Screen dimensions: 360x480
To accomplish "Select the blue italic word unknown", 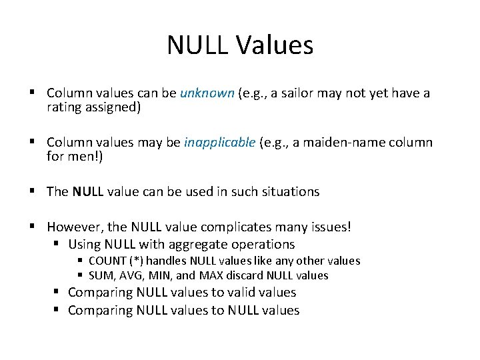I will point(207,93).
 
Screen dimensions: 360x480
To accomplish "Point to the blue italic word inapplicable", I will point(219,142).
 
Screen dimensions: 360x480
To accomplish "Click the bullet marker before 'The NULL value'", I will point(33,191).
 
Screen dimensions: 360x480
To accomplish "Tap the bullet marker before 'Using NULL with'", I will point(59,244).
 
